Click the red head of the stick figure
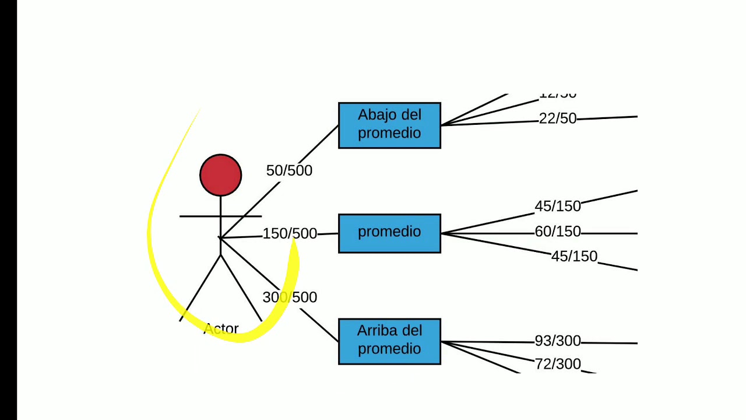coord(220,175)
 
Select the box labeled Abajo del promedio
coord(389,125)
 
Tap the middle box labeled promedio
coord(389,233)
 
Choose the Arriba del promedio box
coord(389,341)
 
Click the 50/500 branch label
coord(289,170)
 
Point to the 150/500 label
coord(290,234)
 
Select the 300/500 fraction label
coord(290,297)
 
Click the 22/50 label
coord(557,118)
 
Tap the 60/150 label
coord(558,232)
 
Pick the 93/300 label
coord(558,341)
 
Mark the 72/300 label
coord(558,364)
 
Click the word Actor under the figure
coord(221,329)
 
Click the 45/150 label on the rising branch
coord(558,206)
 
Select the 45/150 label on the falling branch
coord(574,256)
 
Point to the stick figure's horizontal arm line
coord(198,216)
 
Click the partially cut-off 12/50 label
coord(557,95)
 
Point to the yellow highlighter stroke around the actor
coord(153,257)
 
